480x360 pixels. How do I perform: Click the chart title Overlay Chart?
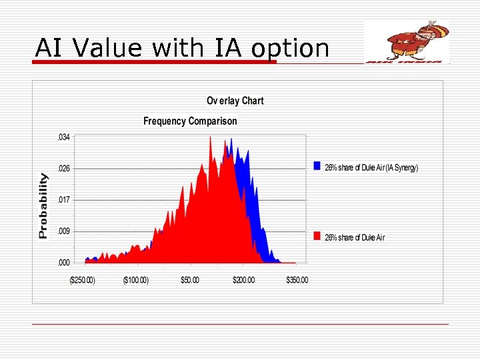(235, 101)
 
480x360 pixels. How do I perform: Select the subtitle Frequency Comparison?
(190, 121)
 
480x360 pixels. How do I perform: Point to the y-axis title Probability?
(43, 205)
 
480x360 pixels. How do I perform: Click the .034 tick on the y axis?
(63, 137)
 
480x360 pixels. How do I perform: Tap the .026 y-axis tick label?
(63, 169)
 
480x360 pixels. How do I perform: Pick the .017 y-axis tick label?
(63, 200)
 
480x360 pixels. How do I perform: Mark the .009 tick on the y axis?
(63, 231)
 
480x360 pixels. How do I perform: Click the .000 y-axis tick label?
(63, 263)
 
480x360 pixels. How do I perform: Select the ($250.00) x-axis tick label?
(82, 280)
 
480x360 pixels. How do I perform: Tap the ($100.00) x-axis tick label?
(136, 280)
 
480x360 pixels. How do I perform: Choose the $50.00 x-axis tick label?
(189, 280)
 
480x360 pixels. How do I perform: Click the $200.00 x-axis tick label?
(243, 280)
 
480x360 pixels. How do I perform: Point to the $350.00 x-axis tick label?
(297, 280)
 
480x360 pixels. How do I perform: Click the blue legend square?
(317, 167)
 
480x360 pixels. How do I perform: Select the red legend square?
(317, 237)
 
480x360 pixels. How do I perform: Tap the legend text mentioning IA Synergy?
(371, 167)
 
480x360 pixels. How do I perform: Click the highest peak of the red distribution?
(210, 138)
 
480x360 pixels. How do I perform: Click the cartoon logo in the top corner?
(407, 41)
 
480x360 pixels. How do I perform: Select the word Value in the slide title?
(109, 48)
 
